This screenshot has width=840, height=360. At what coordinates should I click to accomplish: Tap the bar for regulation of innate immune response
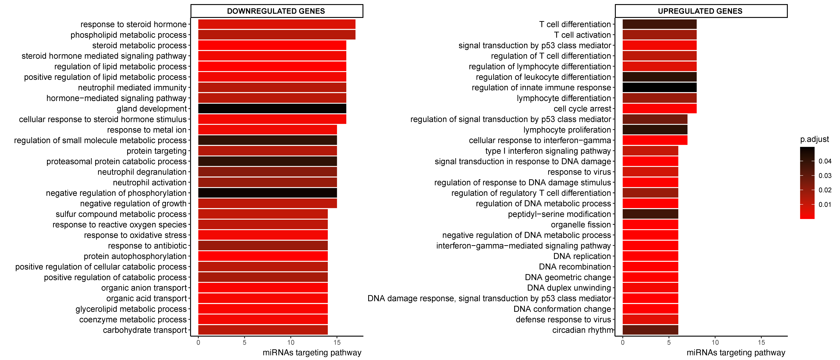[659, 87]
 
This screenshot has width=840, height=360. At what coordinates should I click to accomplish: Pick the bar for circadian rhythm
[650, 330]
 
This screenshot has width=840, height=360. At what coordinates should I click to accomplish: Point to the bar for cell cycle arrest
[659, 109]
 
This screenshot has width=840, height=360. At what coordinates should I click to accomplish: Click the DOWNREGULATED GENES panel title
[276, 11]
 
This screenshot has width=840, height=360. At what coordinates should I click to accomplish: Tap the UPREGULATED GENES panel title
[700, 11]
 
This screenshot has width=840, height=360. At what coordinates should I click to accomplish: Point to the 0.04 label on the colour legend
[825, 161]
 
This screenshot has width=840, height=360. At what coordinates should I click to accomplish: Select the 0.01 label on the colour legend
[825, 205]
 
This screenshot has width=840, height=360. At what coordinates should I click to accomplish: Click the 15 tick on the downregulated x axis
[337, 342]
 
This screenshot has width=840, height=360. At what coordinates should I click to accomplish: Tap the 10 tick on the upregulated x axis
[715, 342]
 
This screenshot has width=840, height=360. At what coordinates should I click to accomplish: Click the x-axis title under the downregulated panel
[312, 352]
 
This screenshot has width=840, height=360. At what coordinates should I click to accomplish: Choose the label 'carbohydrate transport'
[145, 330]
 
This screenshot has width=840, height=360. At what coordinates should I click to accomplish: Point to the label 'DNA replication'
[582, 256]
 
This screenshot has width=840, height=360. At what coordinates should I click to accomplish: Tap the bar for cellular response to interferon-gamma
[655, 140]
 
